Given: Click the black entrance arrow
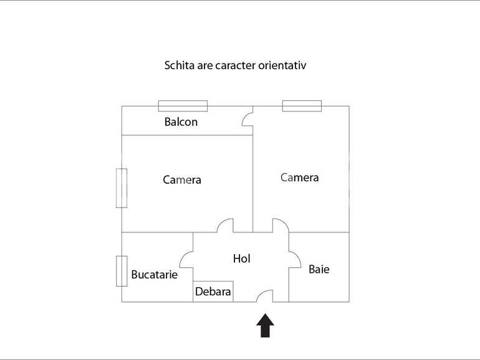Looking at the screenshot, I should pyautogui.click(x=266, y=325).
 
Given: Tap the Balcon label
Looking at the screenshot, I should pyautogui.click(x=181, y=122).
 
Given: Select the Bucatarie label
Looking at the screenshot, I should pyautogui.click(x=154, y=274).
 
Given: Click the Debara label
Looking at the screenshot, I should pyautogui.click(x=213, y=291).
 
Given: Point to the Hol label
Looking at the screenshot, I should pyautogui.click(x=242, y=258).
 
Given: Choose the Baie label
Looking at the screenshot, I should pyautogui.click(x=319, y=269).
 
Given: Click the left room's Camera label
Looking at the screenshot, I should pyautogui.click(x=182, y=180).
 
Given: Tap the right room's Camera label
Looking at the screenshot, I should pyautogui.click(x=299, y=178).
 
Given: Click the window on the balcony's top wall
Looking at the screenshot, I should pyautogui.click(x=183, y=106).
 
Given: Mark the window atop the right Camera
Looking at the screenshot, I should pyautogui.click(x=302, y=106).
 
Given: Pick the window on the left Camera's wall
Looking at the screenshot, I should pyautogui.click(x=122, y=188).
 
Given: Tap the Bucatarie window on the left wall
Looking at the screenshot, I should pyautogui.click(x=122, y=271).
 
